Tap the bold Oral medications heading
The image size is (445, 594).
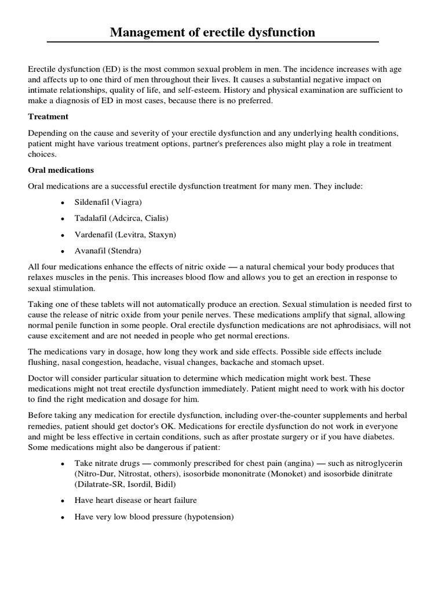point(61,171)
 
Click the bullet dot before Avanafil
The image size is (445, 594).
point(63,251)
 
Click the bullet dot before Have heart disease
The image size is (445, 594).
point(63,501)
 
